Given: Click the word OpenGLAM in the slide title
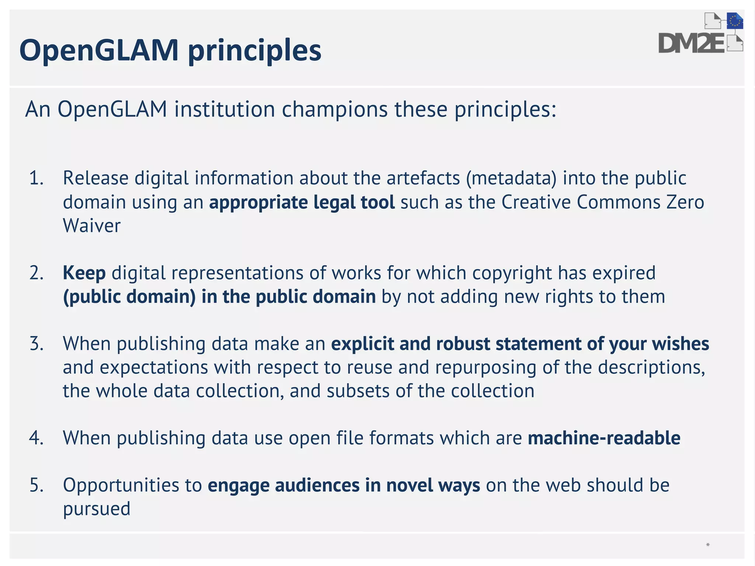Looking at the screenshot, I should click(99, 50).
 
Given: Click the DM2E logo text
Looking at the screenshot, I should click(691, 43).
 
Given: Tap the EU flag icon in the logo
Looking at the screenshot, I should click(734, 21).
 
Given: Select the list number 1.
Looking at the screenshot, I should click(36, 178).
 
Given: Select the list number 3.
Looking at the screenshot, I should click(36, 344).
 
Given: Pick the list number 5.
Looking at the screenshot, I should click(36, 485).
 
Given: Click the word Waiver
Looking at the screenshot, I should click(91, 226).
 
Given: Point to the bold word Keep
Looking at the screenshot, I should click(84, 273).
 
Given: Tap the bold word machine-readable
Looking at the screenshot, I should click(604, 438).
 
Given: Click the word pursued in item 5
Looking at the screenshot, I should click(97, 509).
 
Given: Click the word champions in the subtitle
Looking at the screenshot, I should click(335, 109).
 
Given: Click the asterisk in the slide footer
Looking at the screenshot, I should click(708, 545).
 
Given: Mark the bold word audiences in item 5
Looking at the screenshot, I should click(317, 485).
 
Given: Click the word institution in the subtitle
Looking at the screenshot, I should click(225, 109).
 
